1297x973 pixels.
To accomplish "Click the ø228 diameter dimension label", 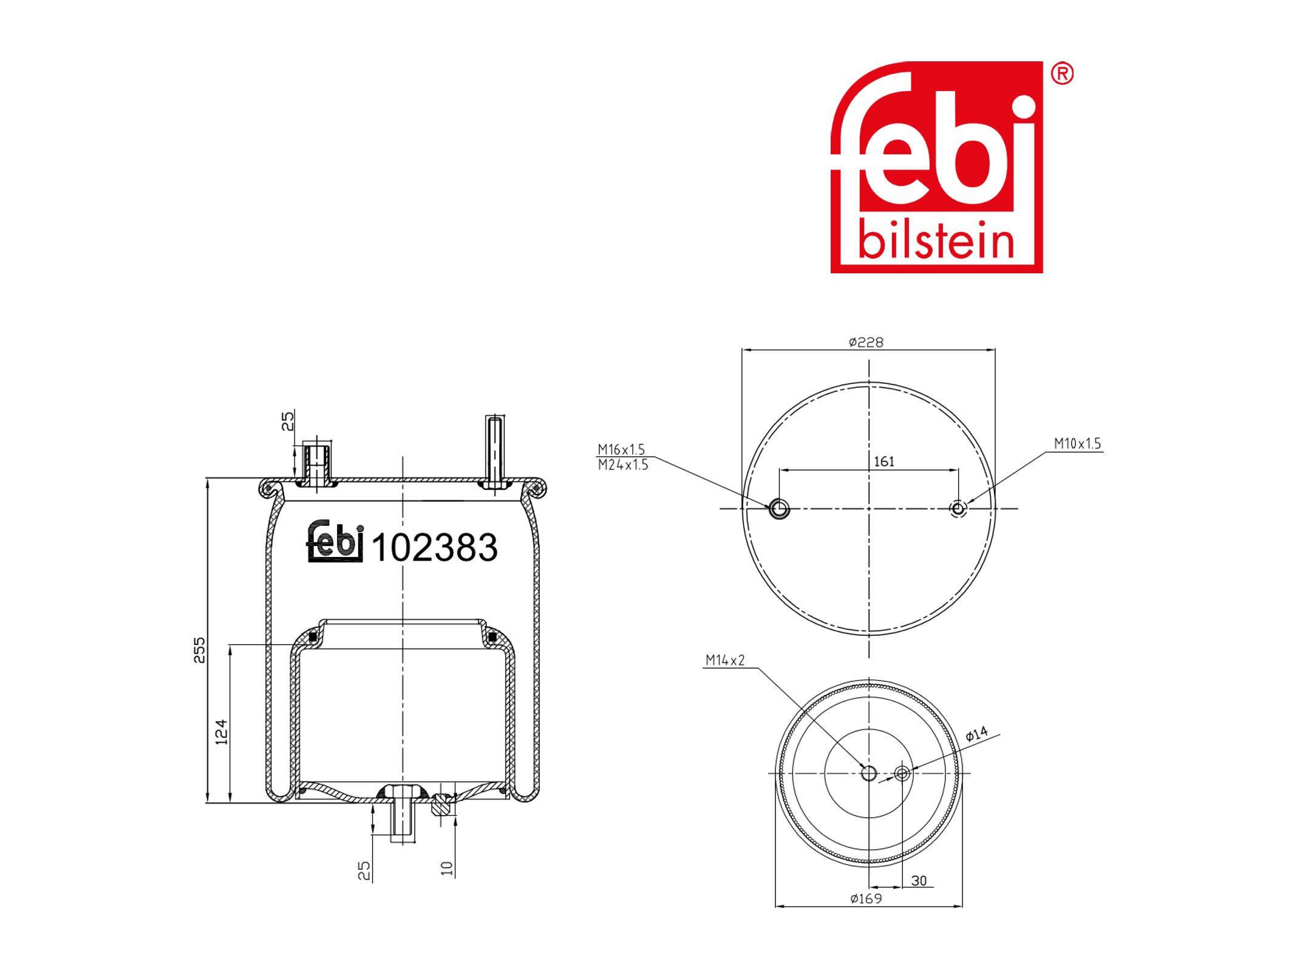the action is pyautogui.click(x=866, y=343).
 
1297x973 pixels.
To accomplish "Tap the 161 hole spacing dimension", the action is pyautogui.click(x=883, y=462).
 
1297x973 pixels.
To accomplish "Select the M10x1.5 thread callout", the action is pyautogui.click(x=1077, y=443).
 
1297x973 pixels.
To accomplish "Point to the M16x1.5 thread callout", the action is pyautogui.click(x=621, y=449).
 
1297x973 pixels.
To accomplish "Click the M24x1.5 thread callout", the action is pyautogui.click(x=623, y=465).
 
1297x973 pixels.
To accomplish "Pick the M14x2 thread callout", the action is pyautogui.click(x=725, y=660).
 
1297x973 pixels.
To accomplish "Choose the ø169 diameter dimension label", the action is pyautogui.click(x=866, y=899).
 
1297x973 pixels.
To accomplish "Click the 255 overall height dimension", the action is pyautogui.click(x=199, y=650).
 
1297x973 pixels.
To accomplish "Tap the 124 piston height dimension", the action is pyautogui.click(x=222, y=732).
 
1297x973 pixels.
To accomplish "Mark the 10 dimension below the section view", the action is pyautogui.click(x=448, y=869).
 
